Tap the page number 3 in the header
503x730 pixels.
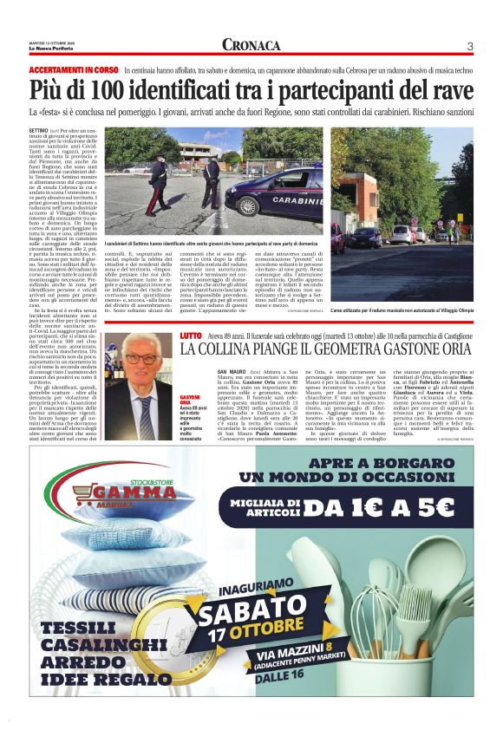click(469, 46)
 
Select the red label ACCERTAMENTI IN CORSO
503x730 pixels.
click(74, 69)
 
